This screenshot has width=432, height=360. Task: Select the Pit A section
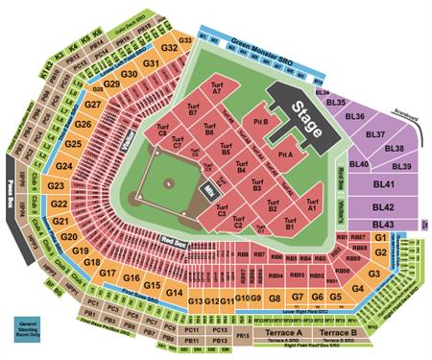(x=284, y=153)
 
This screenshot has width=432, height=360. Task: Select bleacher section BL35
(x=335, y=102)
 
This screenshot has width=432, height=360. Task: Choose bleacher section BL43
(x=386, y=224)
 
